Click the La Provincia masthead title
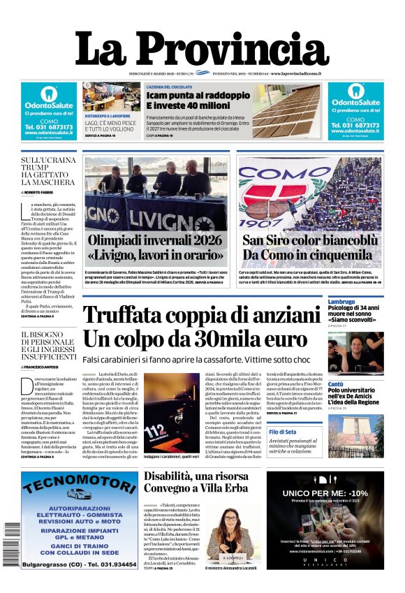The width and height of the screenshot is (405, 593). click(202, 50)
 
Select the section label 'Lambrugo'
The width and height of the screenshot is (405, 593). click(342, 302)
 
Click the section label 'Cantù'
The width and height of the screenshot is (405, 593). click(336, 384)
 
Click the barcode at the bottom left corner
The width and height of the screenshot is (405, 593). click(12, 544)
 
